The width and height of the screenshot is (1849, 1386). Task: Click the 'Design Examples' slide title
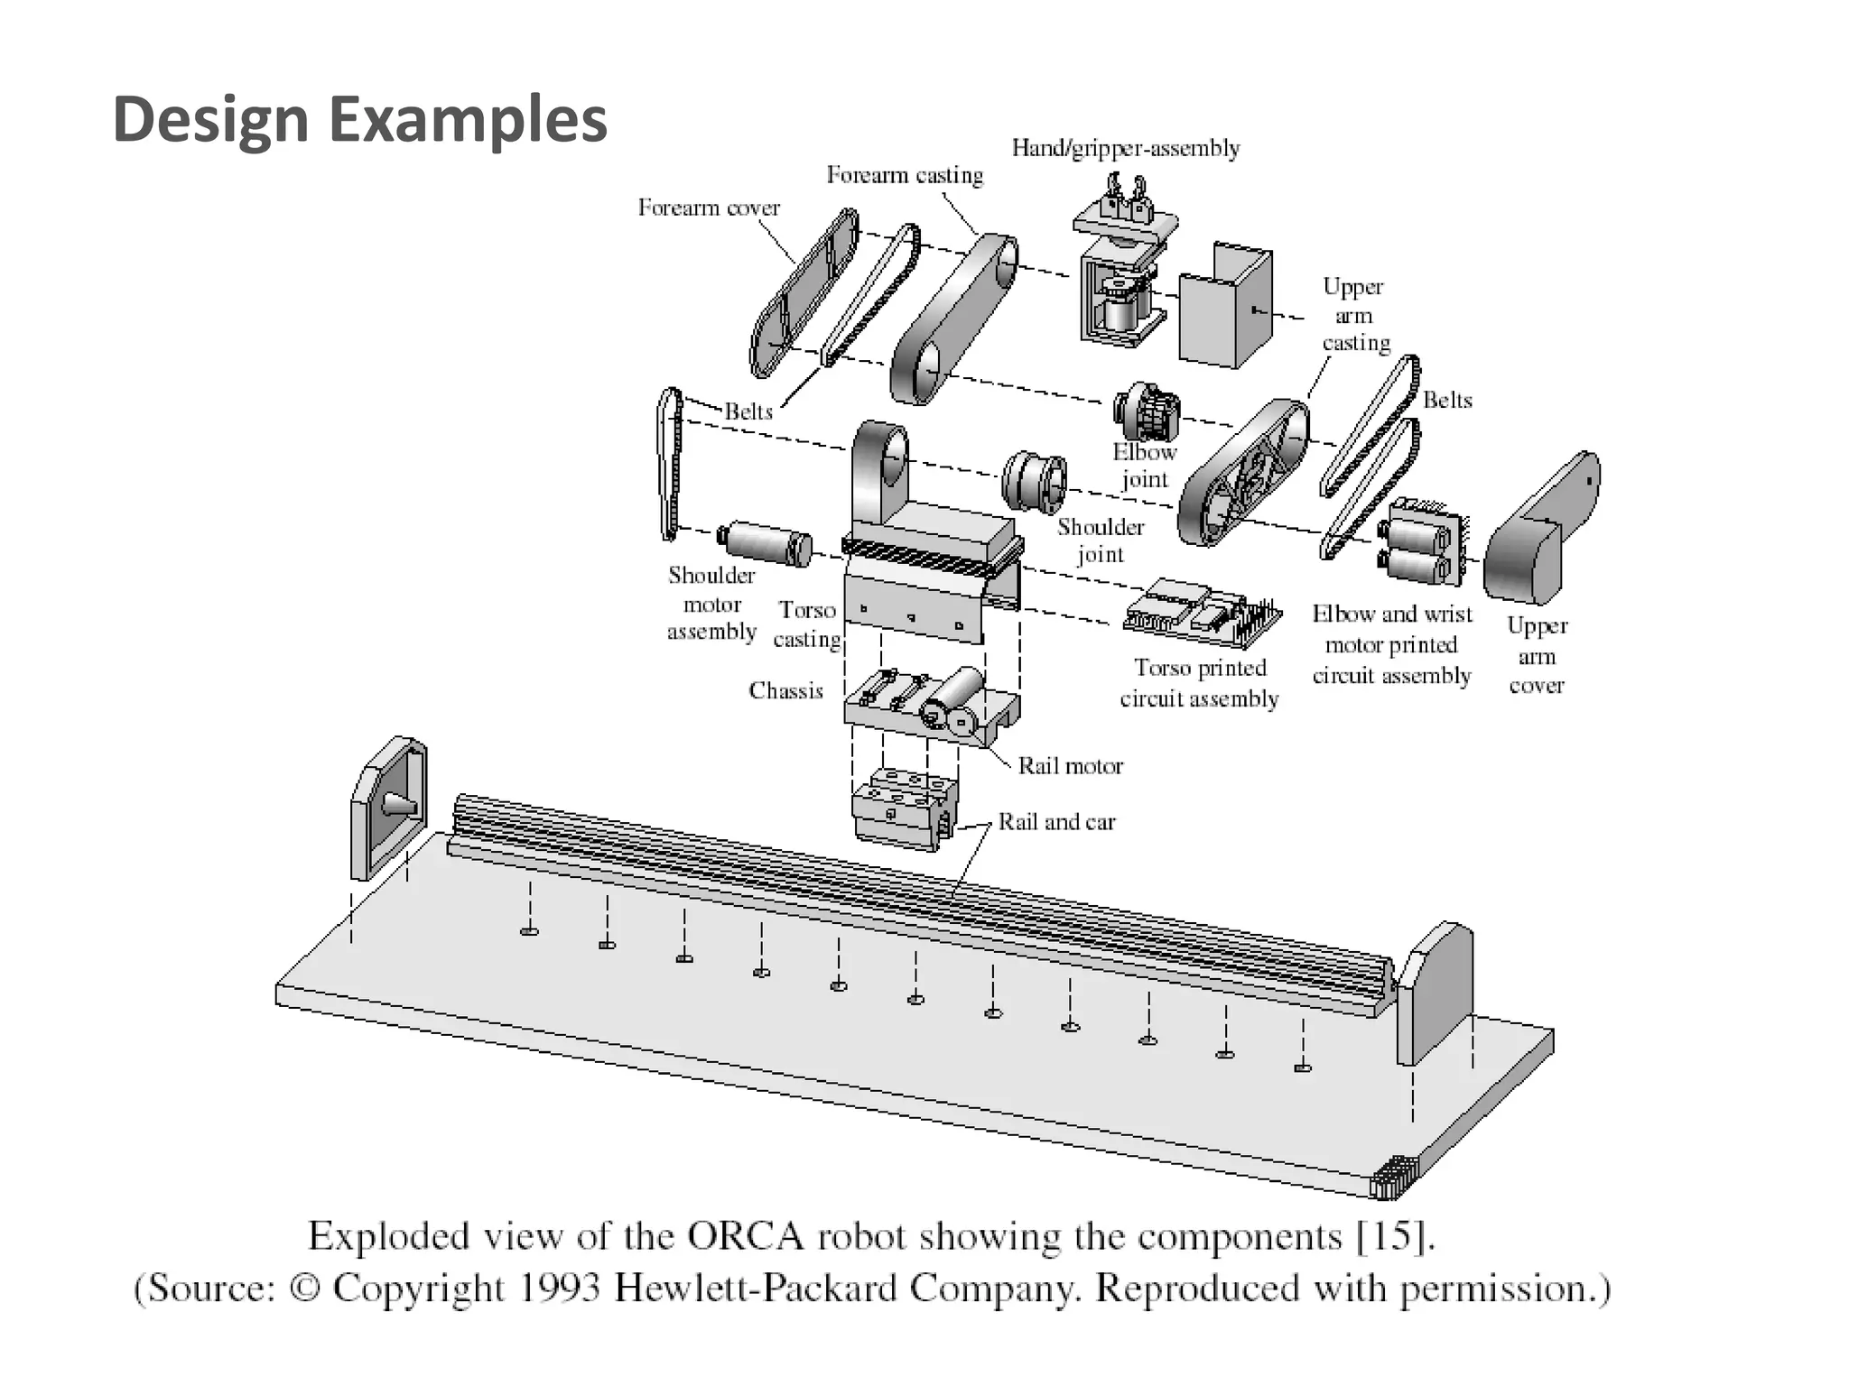359,119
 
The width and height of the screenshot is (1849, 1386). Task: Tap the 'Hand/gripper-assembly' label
1125,148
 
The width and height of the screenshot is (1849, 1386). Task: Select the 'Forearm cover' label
709,208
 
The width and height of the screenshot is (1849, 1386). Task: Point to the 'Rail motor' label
1070,766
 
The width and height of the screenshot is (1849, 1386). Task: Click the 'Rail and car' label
1056,822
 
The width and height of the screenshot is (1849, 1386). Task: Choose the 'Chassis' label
785,690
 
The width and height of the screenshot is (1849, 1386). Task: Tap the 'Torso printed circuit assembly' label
1199,683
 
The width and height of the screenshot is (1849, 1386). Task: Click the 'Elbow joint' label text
1145,465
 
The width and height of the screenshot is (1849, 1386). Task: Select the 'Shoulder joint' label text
1101,540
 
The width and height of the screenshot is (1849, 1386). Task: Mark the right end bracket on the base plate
1436,993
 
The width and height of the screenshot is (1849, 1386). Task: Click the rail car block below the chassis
903,808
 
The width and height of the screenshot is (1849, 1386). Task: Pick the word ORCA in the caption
746,1236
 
